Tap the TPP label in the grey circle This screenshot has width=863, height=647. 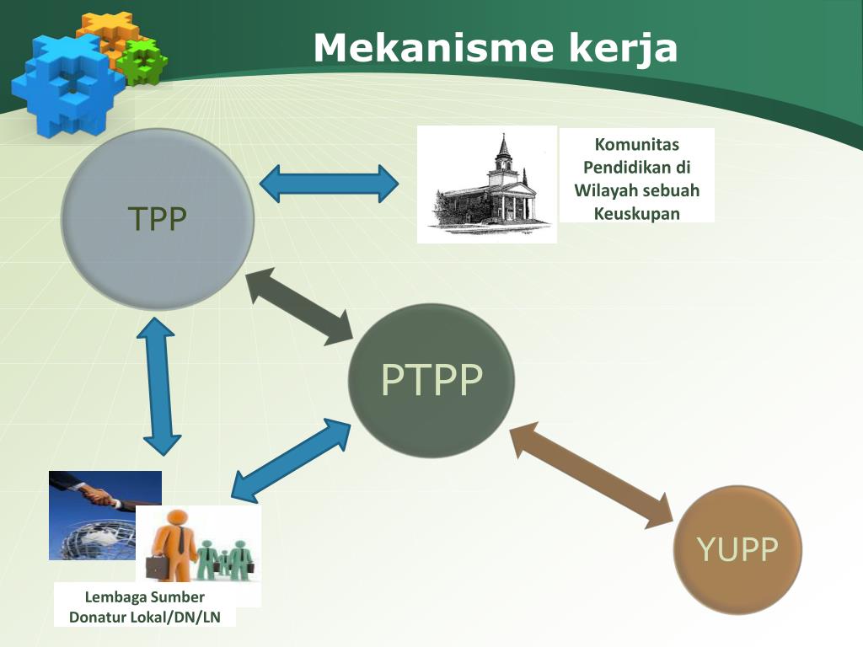158,219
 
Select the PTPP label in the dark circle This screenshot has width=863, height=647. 431,380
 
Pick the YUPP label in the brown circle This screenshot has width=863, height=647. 737,549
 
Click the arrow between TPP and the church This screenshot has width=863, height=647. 329,183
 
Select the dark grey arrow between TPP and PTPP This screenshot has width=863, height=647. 300,305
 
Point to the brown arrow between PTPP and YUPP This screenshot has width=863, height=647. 593,477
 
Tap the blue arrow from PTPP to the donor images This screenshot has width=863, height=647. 290,460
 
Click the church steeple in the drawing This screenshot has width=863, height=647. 504,152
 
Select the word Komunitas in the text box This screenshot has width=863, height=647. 637,145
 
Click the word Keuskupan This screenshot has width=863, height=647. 637,213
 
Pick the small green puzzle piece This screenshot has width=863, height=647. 142,61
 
